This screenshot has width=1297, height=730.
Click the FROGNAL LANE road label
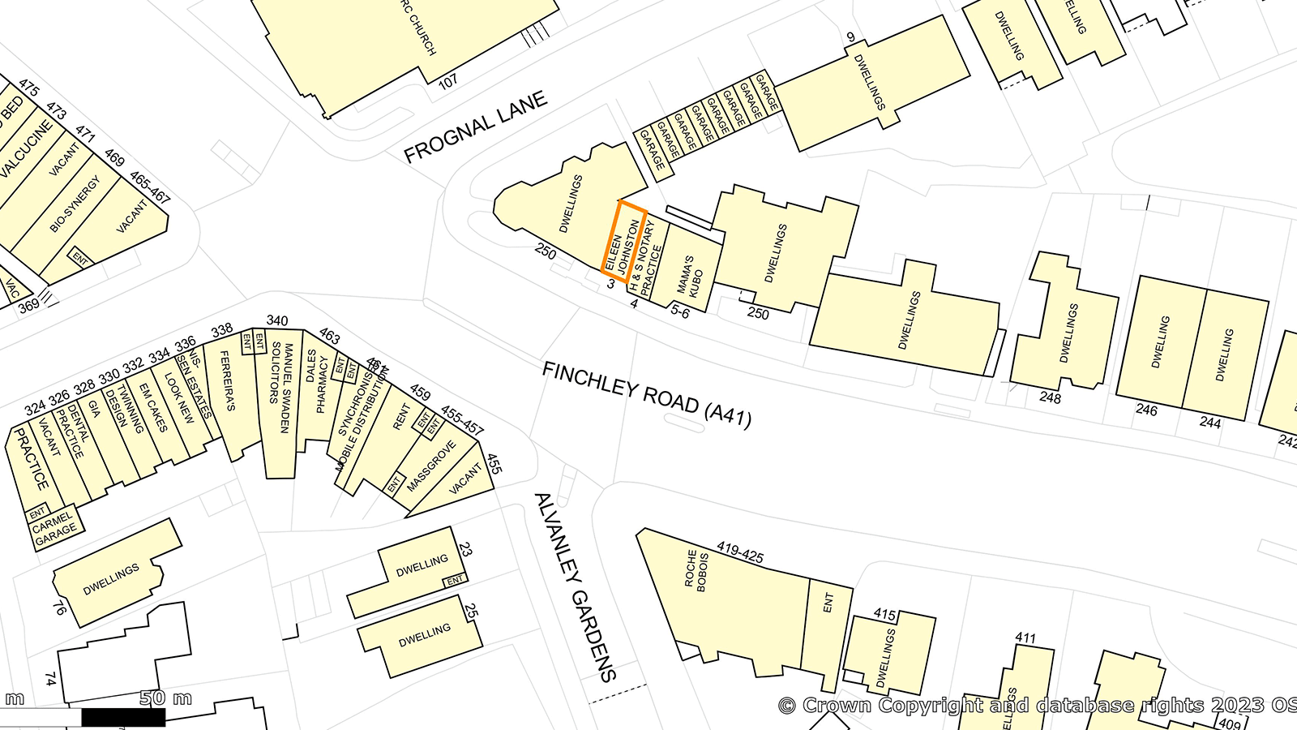(475, 127)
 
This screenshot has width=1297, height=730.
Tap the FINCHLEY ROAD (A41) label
(647, 394)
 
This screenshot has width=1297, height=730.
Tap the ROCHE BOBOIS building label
(696, 571)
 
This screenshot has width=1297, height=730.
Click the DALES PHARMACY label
(317, 381)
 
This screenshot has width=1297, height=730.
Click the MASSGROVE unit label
(431, 466)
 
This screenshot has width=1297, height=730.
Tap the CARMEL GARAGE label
(55, 527)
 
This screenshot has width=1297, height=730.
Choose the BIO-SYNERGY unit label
(75, 204)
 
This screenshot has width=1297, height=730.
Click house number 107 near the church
(447, 82)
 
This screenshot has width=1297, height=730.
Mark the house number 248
(1050, 397)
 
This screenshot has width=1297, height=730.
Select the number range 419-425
(740, 552)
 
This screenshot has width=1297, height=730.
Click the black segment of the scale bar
(123, 717)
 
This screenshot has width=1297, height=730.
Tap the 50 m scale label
(165, 698)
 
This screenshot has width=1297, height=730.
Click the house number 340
(277, 320)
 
